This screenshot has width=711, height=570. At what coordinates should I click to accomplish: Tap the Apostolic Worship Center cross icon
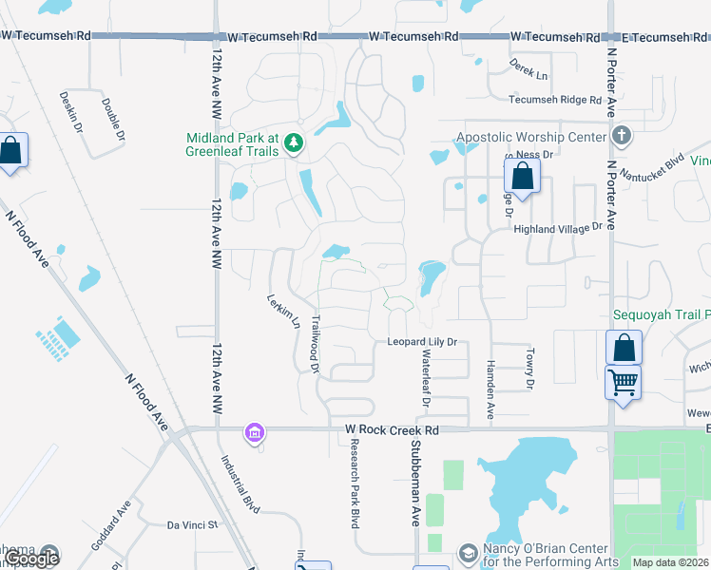622,136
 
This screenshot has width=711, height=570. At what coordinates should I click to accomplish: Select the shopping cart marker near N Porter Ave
623,383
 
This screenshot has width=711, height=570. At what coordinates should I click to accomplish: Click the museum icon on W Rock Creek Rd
254,433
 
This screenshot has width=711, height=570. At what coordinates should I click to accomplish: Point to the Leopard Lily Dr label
422,342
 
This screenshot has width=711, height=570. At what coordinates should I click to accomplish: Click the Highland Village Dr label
559,228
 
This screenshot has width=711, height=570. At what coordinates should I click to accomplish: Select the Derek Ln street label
529,74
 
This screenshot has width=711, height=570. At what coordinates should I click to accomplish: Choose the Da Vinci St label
193,524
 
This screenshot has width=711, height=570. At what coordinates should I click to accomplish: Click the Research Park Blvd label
354,475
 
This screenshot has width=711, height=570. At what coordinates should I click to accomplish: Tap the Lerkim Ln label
283,310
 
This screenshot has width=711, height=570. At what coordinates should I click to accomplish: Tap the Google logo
31,559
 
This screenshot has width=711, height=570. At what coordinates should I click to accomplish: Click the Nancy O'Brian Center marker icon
468,552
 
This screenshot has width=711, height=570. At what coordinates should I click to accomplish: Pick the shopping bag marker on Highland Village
522,175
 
